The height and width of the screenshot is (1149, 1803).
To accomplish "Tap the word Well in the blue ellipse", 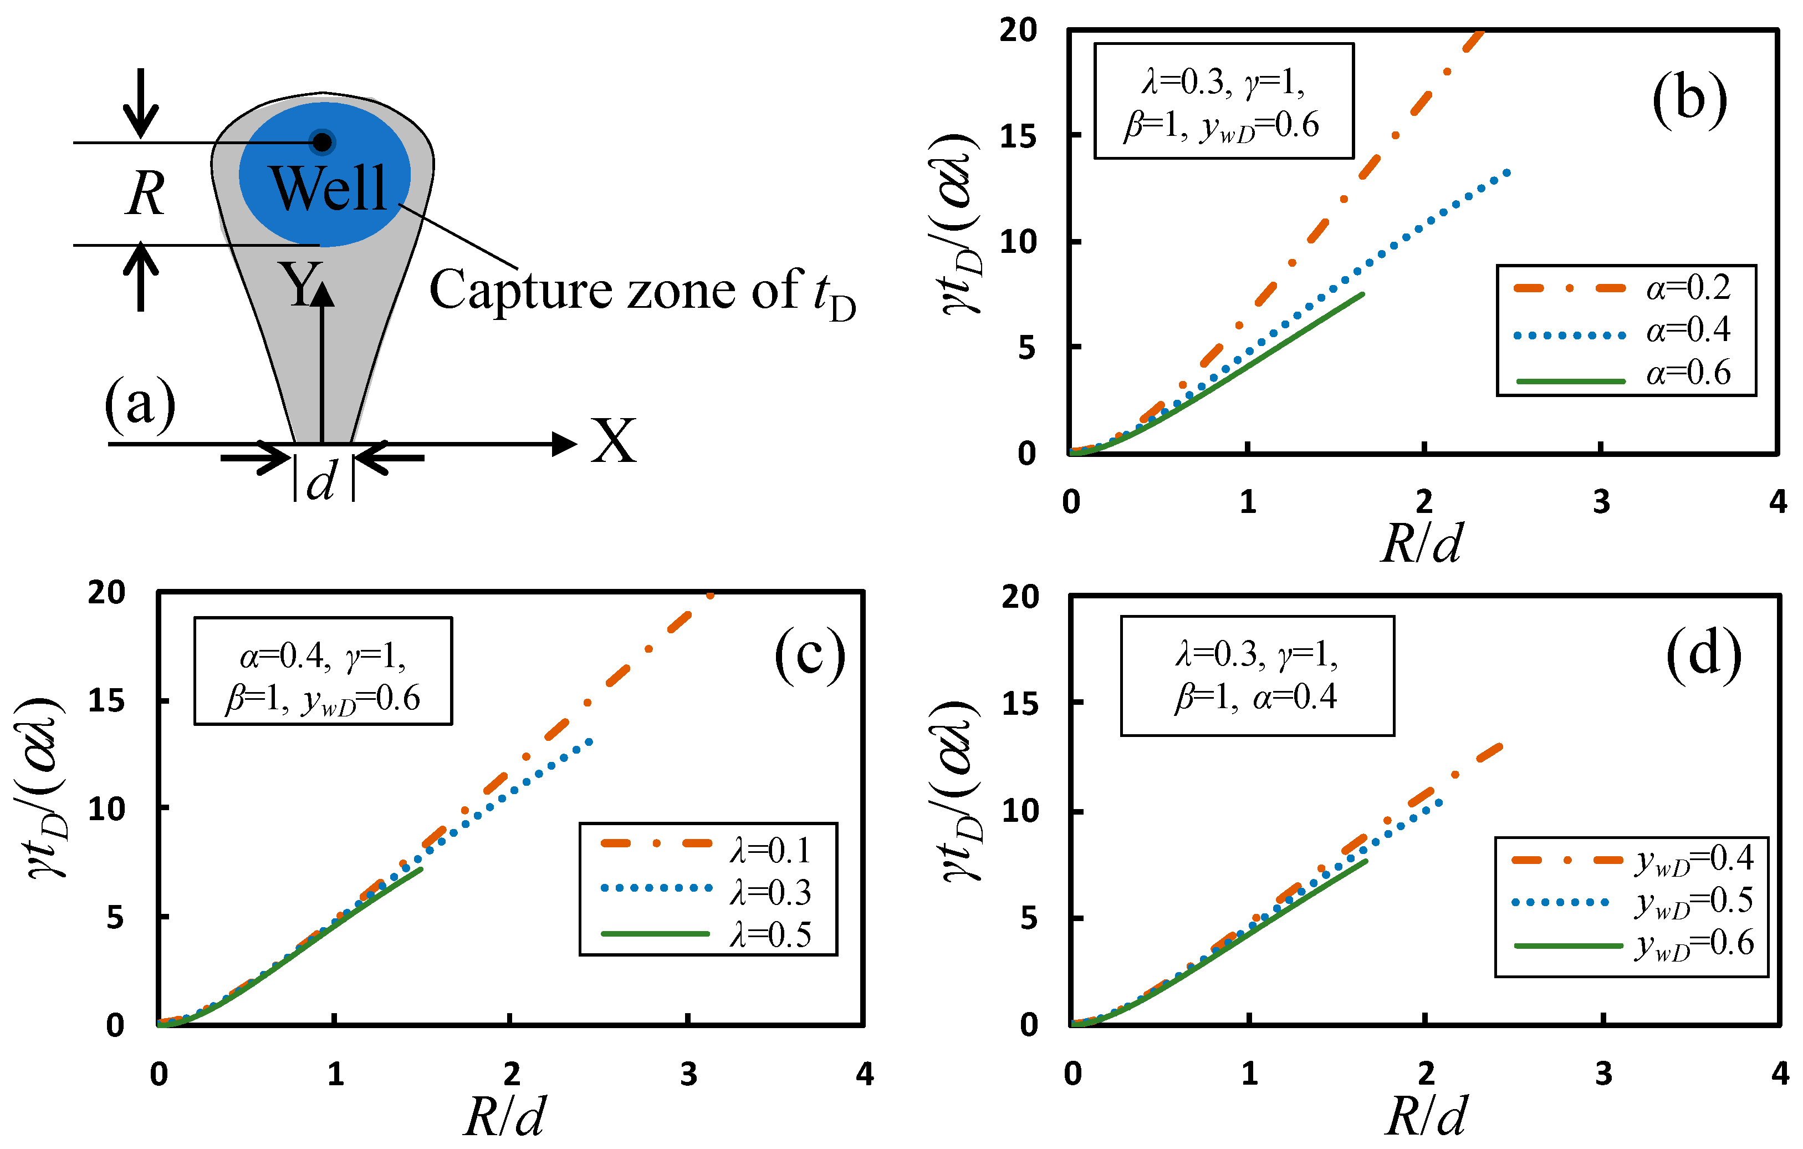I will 328,188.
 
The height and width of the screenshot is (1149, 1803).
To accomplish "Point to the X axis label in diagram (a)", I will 613,442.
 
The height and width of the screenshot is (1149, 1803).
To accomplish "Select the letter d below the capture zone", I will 322,480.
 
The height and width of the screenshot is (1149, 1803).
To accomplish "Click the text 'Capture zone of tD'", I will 642,292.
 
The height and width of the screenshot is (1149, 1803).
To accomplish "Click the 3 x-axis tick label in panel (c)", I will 688,1075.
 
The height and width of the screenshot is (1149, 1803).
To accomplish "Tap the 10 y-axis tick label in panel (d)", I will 1020,811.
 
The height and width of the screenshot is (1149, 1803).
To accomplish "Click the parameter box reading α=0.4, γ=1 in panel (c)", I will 324,671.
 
